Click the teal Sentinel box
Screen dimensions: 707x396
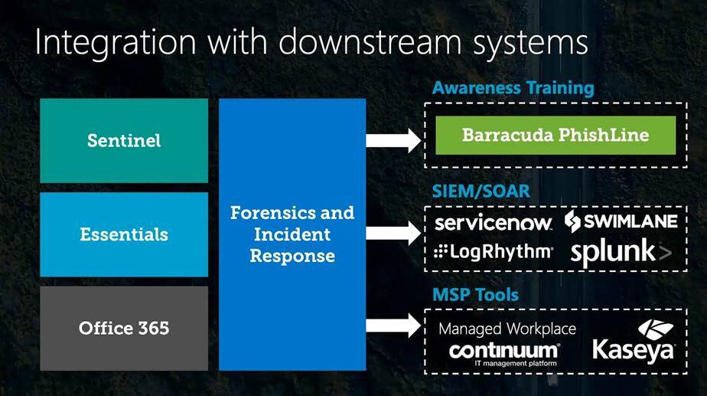click(x=124, y=141)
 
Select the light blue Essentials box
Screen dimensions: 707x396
click(x=124, y=234)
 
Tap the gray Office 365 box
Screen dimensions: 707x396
click(x=124, y=329)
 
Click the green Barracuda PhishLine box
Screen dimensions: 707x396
click(x=555, y=135)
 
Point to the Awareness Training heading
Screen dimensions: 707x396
click(x=513, y=87)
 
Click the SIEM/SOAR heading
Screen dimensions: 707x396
click(x=481, y=191)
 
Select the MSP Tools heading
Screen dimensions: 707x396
click(x=476, y=295)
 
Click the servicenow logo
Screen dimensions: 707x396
click(x=494, y=222)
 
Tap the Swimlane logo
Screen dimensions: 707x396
click(x=621, y=221)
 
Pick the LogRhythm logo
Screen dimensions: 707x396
click(x=494, y=251)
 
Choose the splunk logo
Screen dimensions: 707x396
click(x=621, y=253)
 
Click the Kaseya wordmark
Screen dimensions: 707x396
click(x=633, y=350)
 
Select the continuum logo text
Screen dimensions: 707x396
click(x=504, y=351)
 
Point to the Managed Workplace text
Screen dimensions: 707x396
click(x=507, y=329)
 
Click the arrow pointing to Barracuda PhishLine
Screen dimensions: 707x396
click(x=393, y=140)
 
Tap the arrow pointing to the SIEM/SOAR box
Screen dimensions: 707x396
click(x=393, y=233)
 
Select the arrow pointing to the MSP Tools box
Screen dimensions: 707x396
click(x=393, y=326)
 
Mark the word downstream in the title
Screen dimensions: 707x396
click(x=370, y=41)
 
